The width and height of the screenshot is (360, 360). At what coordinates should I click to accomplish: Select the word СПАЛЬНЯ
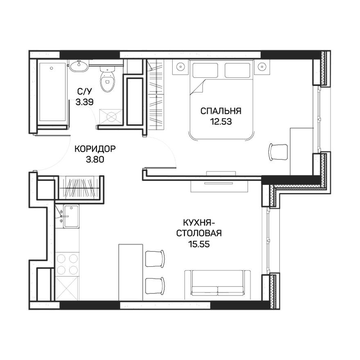220,111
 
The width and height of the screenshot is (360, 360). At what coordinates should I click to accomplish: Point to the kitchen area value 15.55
199,244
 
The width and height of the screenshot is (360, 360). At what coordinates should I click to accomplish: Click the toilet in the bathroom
108,80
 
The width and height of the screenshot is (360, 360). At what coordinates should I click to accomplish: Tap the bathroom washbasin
78,65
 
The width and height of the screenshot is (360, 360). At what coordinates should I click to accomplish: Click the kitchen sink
69,216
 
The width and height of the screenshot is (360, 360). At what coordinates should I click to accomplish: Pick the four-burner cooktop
66,264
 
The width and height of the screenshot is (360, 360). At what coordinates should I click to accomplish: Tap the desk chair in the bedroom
278,151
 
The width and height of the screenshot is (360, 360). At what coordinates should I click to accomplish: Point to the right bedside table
262,66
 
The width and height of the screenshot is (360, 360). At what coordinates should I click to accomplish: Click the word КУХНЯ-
199,223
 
